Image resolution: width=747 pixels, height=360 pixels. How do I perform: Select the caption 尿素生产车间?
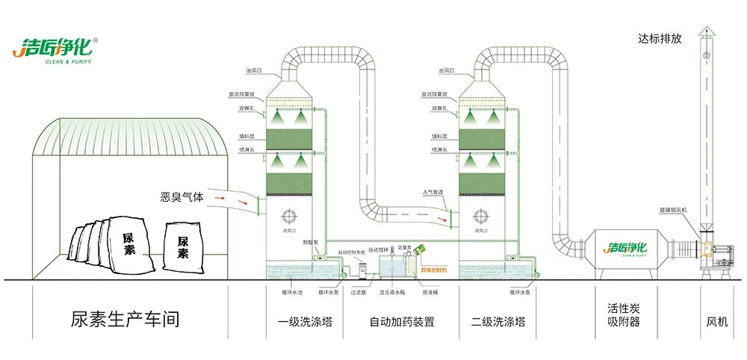click(x=125, y=320)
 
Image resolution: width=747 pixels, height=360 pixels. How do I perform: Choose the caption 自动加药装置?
click(x=402, y=322)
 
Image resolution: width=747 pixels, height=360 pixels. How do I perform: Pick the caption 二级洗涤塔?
click(x=498, y=322)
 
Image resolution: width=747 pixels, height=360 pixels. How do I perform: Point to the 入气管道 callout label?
click(x=433, y=193)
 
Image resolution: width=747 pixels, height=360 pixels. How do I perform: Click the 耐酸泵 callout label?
click(x=311, y=243)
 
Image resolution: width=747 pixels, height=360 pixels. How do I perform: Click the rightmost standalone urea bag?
click(x=182, y=242)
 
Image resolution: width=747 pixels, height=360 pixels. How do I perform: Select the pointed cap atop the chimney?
click(x=706, y=31)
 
